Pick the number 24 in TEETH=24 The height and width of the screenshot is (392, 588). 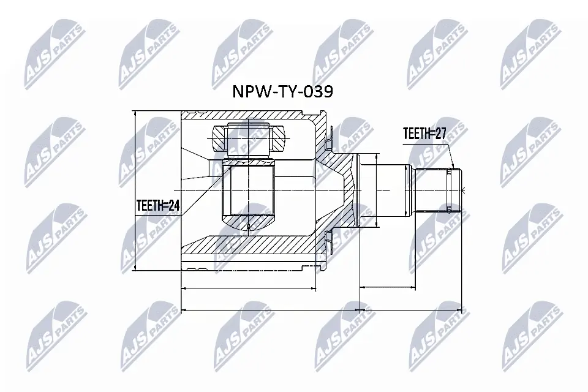pos(174,208)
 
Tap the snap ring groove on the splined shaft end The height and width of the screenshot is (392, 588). pos(450,190)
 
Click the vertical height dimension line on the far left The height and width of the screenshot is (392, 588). pos(134,190)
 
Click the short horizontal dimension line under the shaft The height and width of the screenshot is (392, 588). pos(386,287)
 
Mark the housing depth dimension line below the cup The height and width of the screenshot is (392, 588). pos(248,287)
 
